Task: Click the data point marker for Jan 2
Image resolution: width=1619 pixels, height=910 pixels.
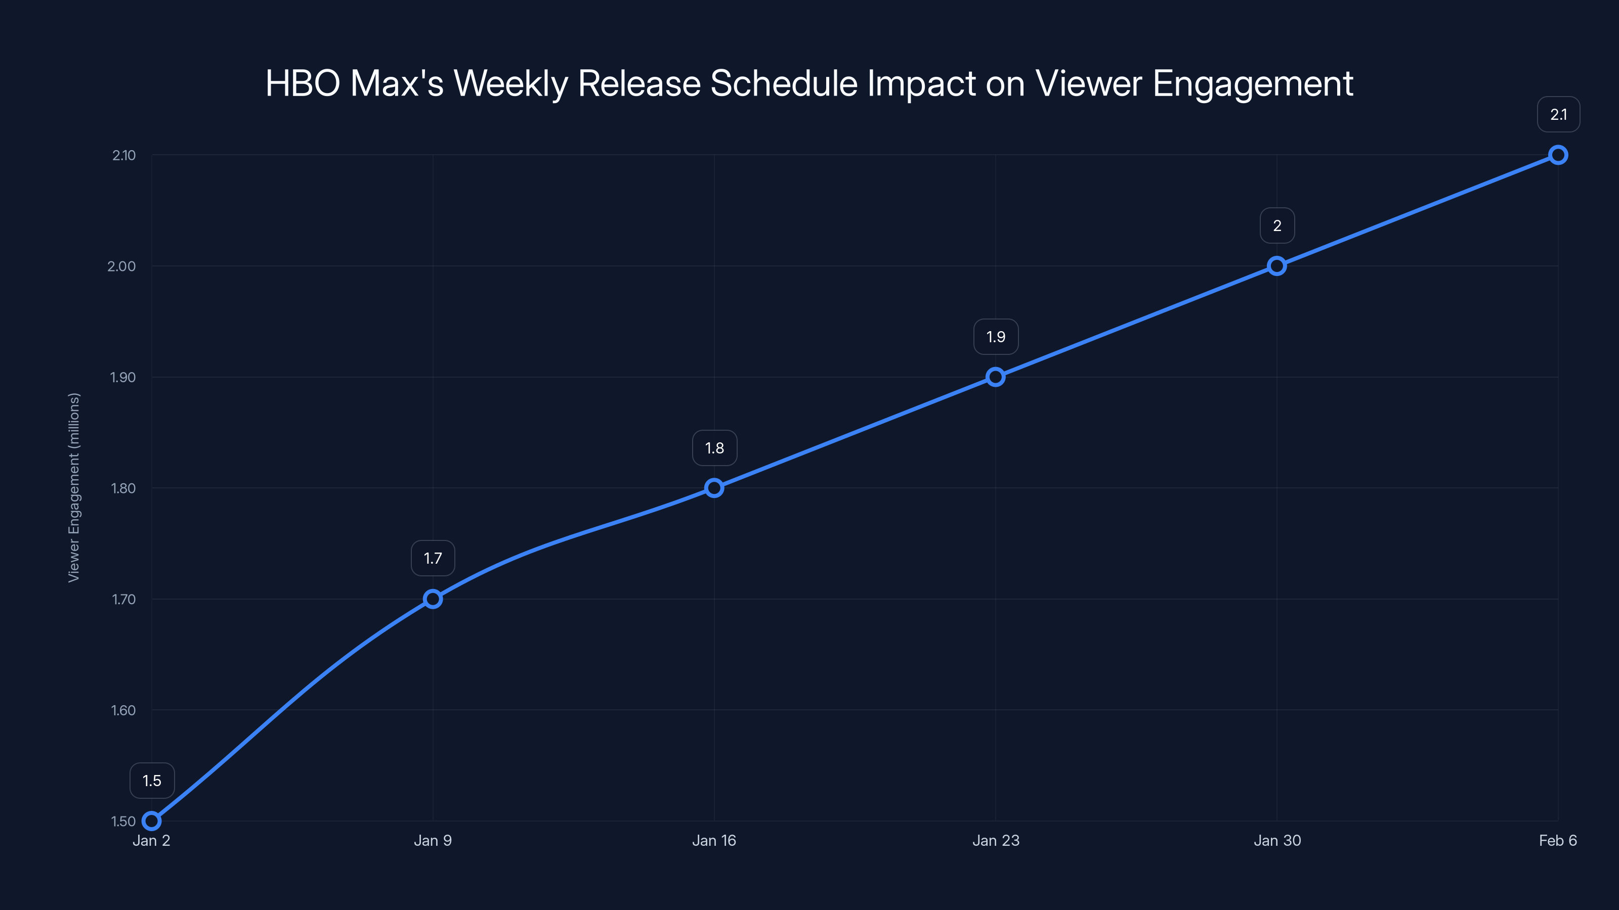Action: pos(151,821)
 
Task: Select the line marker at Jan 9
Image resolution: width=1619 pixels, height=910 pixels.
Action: pos(433,599)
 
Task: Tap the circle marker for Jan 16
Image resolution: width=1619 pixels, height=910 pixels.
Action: pos(714,488)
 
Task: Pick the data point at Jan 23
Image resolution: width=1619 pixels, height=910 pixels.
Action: pos(996,377)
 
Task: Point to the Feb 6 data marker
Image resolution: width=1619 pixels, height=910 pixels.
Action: pos(1558,155)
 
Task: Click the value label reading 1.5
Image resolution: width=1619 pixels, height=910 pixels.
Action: pos(152,781)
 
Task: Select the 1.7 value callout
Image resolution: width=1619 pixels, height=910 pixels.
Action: pos(433,558)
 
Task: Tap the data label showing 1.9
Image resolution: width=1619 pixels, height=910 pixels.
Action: pos(996,337)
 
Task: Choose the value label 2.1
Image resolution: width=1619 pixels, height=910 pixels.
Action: pos(1559,115)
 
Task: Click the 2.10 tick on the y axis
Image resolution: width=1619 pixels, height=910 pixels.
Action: pos(124,156)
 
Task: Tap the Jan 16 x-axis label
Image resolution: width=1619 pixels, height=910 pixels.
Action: pos(714,841)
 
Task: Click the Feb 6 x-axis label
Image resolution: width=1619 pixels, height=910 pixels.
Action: pos(1558,841)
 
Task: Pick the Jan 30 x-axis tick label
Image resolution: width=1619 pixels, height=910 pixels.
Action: pos(1277,841)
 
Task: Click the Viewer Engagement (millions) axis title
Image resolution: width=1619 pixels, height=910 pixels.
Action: pos(74,488)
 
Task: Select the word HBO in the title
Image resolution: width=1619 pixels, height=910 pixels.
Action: pos(303,83)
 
